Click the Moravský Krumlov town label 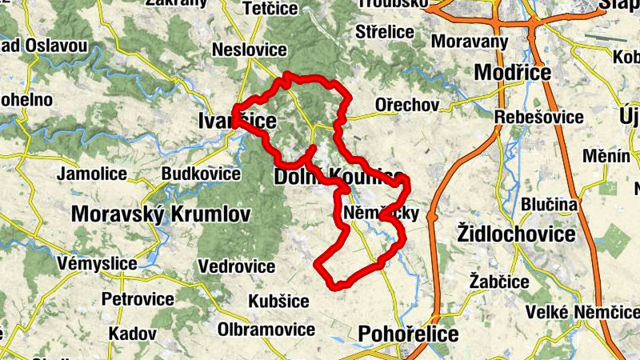coord(161,214)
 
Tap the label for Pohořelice coord(410,333)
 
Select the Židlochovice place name coord(515,234)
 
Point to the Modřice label coord(513,72)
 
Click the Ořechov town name coord(408,106)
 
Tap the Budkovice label coord(201,174)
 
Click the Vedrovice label coord(237,266)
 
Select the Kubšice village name coord(278,301)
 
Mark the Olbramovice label coord(266,330)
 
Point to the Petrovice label coord(138,299)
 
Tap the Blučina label coord(549,205)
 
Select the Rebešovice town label coord(539,117)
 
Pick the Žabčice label coord(500,282)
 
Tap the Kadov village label coord(127,332)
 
